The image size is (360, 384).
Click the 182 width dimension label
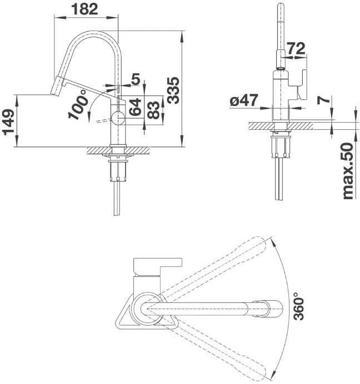point(84,9)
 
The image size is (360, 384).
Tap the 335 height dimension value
point(174,90)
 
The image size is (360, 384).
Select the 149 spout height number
point(9,122)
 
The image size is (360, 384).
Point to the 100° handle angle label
point(78,104)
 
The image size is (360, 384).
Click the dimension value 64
point(136,107)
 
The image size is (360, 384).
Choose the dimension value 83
point(154,110)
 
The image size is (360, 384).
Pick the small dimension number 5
point(136,79)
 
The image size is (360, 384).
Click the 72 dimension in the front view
point(296,48)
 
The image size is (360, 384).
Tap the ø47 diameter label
point(244,100)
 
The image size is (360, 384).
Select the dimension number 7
point(323,100)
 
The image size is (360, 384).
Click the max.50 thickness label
point(348,171)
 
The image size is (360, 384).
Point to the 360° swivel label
point(299,306)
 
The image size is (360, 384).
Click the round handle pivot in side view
point(118,118)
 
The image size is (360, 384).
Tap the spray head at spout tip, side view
point(57,85)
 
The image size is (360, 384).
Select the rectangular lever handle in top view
point(158,267)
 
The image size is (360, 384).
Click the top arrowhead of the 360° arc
point(273,241)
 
